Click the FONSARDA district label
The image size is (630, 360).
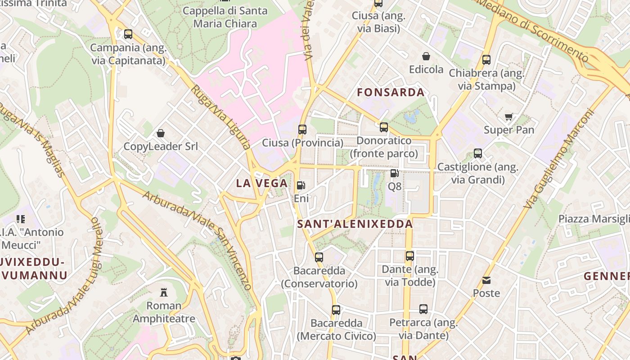coord(391,93)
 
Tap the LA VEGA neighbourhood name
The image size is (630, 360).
coord(262,183)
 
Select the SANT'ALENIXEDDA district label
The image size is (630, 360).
coord(355,224)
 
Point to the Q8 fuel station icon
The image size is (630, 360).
coord(395,173)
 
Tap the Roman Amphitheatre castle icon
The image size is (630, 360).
coord(164,292)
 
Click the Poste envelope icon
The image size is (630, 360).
coord(486,280)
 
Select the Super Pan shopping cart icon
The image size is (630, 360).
coord(509,117)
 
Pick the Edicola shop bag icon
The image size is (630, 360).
coord(426,56)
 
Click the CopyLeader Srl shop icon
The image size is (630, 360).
coord(161,133)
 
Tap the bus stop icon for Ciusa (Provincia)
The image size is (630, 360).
coord(302,130)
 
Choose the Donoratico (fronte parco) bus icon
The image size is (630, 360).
coord(384,127)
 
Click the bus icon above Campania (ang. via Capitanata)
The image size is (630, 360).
coord(128,34)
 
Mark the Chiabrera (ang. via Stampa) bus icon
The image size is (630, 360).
coord(486,60)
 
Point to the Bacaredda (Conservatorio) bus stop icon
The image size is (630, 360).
coord(319,257)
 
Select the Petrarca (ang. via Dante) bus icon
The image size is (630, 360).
coord(423,309)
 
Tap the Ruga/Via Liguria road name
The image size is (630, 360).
coord(220,116)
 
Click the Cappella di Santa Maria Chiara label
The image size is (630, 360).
coord(225,17)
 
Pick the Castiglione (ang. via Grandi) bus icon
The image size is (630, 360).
coord(478,153)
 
